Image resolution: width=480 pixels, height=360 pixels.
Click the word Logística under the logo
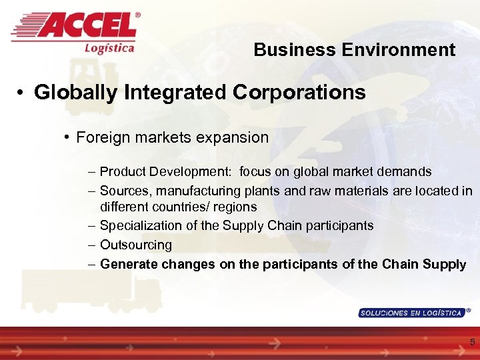pos(109,47)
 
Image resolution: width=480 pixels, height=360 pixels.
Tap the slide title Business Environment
pos(354,50)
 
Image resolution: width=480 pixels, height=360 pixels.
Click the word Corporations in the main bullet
pos(299,92)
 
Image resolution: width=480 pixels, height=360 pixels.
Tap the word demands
pos(407,172)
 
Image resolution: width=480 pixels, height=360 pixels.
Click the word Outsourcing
pos(136,245)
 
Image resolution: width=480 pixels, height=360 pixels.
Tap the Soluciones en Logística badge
pos(411,313)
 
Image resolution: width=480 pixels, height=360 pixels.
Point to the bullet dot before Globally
pos(23,93)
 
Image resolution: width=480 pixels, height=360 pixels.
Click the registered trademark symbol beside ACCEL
pos(138,14)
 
